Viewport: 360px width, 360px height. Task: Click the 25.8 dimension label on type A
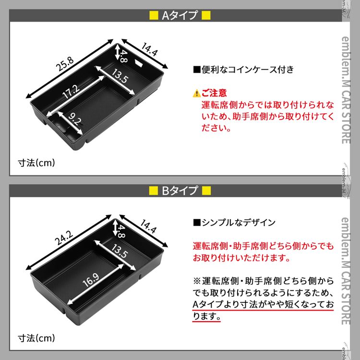tap(65, 64)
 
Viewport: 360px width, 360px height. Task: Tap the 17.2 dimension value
tap(71, 91)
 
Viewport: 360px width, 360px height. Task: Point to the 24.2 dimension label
tap(64, 238)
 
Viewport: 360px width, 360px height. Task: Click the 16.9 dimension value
tap(91, 280)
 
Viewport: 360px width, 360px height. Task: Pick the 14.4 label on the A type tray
tap(149, 49)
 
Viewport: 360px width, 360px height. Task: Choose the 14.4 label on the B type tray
tap(148, 226)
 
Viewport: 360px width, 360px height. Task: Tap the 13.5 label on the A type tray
tap(120, 76)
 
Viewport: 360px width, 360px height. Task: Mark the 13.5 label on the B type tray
tap(120, 251)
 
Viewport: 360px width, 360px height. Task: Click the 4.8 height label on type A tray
tap(123, 56)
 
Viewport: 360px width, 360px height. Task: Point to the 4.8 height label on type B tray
tap(121, 231)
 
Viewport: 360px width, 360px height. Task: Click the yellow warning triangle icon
tap(196, 94)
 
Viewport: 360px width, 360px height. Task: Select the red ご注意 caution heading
tap(214, 93)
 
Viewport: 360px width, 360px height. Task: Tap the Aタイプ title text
tap(180, 15)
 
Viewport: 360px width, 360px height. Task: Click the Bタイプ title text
tap(180, 191)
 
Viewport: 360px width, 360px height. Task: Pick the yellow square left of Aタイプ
tap(154, 15)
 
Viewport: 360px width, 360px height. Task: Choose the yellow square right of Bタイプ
tap(206, 191)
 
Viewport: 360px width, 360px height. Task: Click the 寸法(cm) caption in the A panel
tap(36, 163)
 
